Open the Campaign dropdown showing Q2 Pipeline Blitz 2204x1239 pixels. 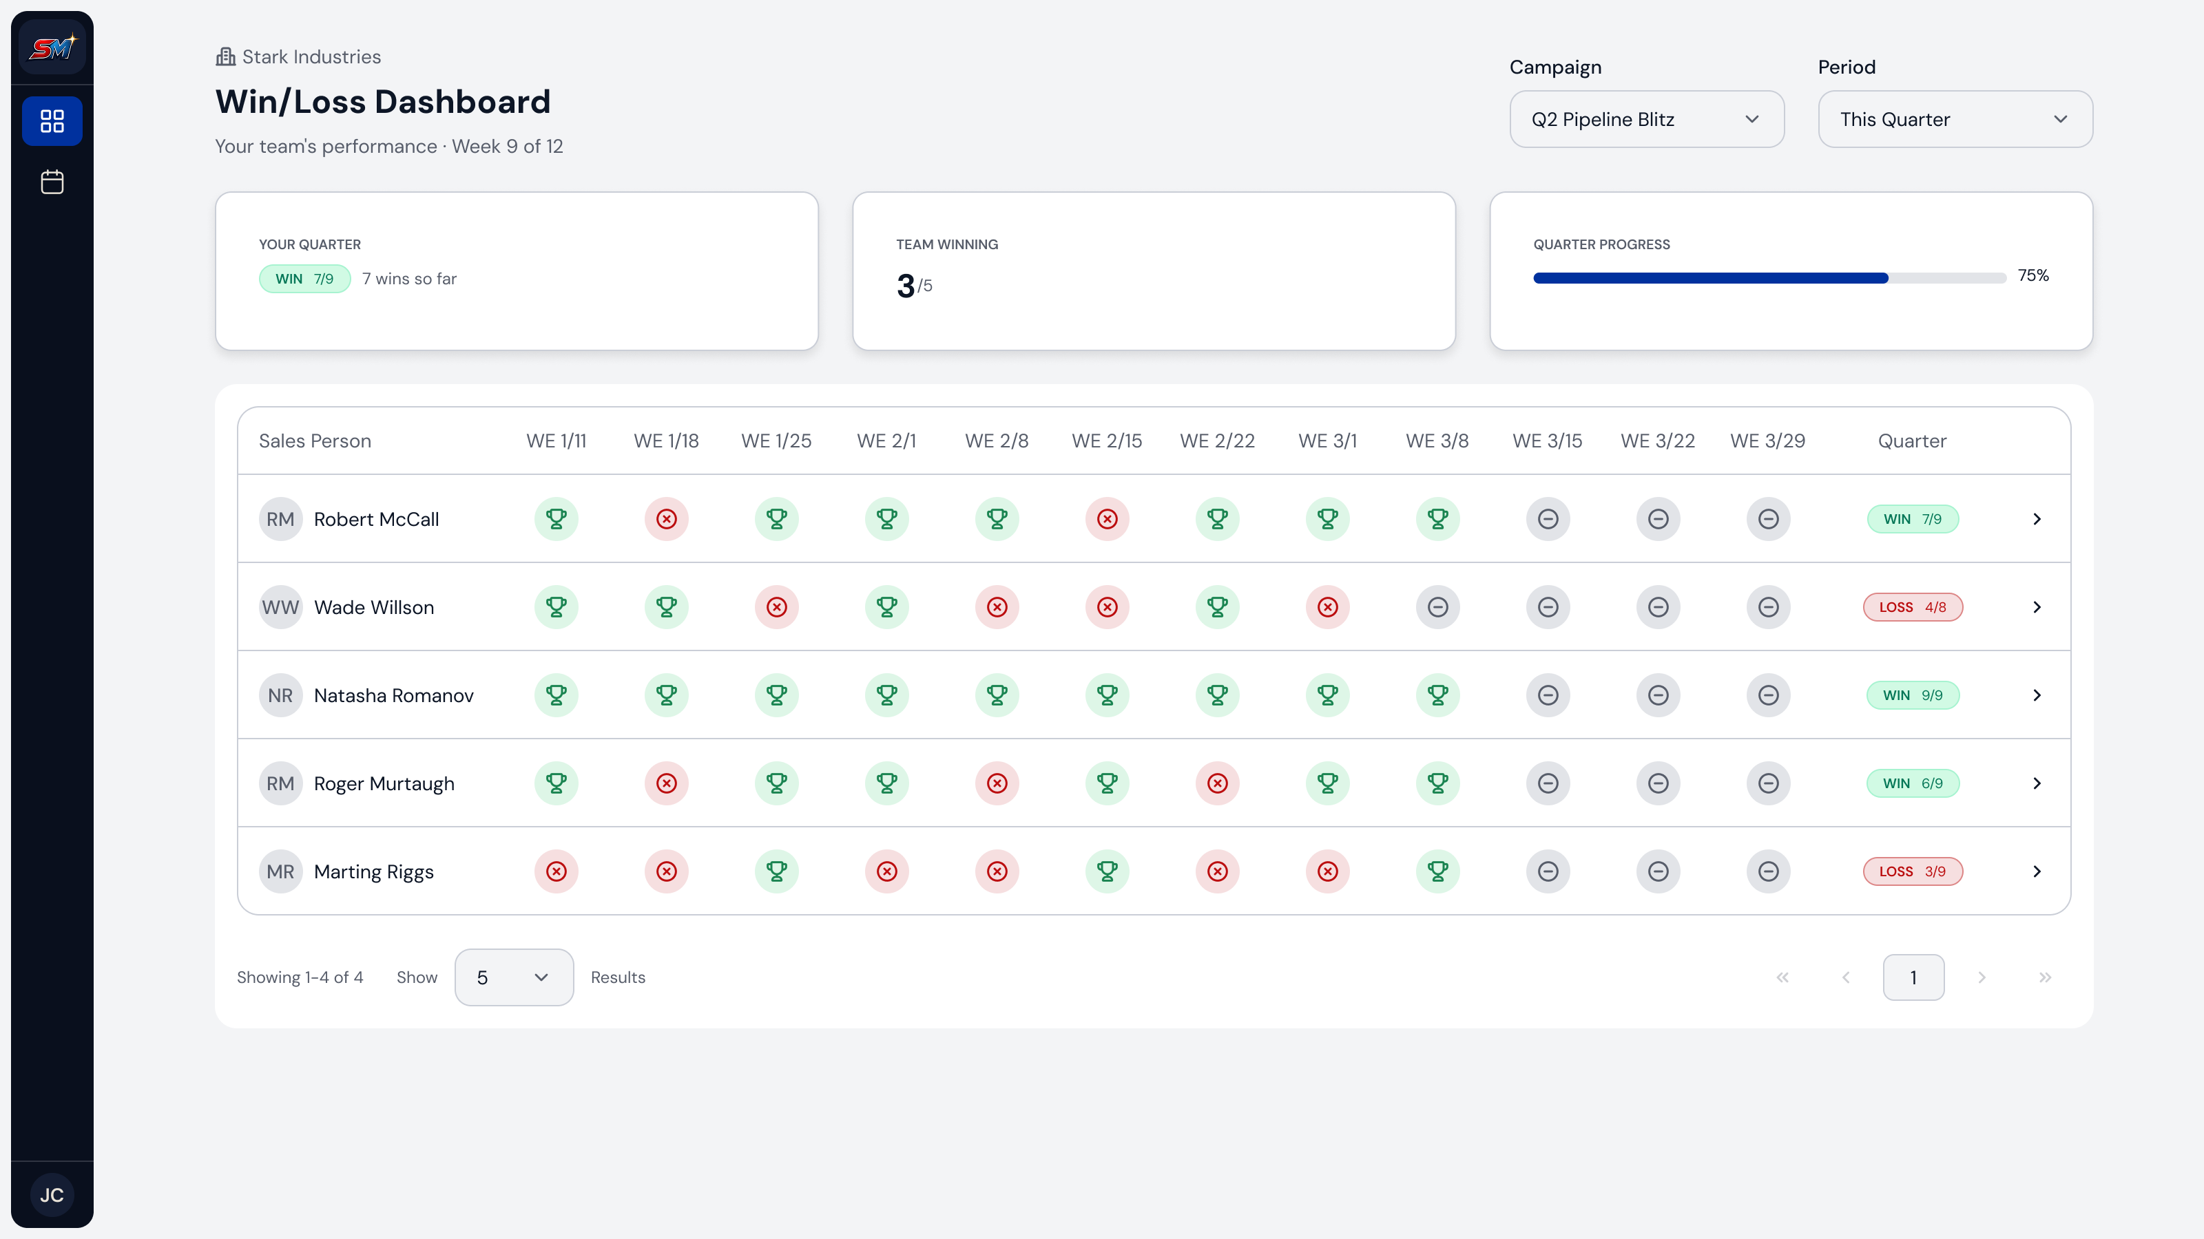click(x=1646, y=119)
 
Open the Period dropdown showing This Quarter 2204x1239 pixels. click(x=1955, y=119)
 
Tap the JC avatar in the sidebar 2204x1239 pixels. click(x=52, y=1194)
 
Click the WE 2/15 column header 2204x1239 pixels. click(x=1107, y=441)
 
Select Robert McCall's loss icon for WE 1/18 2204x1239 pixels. click(x=667, y=519)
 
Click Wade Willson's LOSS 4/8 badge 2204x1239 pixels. click(x=1912, y=607)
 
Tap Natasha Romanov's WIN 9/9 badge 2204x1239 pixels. click(x=1912, y=695)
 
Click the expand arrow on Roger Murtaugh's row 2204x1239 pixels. click(x=2037, y=783)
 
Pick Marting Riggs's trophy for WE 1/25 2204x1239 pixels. click(x=777, y=871)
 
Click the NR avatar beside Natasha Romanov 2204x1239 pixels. click(x=280, y=695)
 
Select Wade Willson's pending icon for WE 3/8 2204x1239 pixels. click(x=1437, y=607)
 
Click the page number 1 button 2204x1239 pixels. click(x=1913, y=977)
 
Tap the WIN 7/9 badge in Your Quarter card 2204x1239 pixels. click(x=304, y=279)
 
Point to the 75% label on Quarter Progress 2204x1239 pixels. click(x=2033, y=275)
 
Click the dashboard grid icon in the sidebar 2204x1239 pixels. click(x=52, y=120)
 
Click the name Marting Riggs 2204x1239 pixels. click(x=374, y=871)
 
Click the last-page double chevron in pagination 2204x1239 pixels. click(x=2045, y=977)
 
